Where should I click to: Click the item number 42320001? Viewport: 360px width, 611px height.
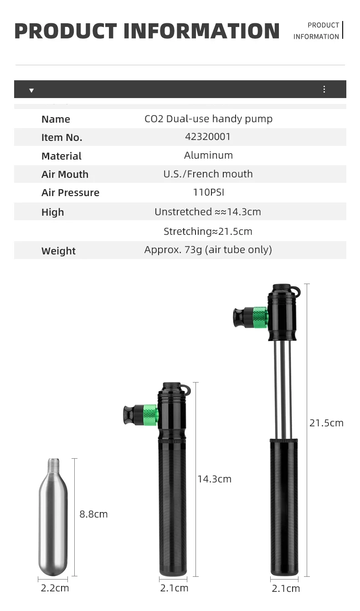point(208,137)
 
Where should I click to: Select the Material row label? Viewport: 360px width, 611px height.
point(62,156)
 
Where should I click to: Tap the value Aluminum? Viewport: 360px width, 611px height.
point(208,155)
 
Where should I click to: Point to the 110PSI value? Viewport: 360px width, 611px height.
point(208,192)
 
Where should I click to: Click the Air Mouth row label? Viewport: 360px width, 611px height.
point(65,174)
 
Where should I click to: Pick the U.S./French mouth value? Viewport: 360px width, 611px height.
point(208,174)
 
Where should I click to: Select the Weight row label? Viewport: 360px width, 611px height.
point(58,251)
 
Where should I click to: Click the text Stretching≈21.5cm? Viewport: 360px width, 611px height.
point(208,231)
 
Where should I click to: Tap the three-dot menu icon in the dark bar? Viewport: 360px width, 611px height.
point(324,89)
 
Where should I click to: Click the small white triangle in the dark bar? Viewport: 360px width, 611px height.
point(31,90)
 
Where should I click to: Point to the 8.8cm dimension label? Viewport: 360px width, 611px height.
point(93,514)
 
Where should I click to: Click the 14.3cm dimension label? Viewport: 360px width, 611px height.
point(214,479)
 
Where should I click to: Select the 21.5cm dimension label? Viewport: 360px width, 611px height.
point(326,423)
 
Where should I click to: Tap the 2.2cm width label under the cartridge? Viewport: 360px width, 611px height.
point(55,588)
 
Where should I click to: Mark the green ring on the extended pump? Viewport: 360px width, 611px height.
point(260,317)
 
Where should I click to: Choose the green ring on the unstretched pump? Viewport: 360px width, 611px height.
point(150,415)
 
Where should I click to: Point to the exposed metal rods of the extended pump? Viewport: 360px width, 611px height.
point(283,390)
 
